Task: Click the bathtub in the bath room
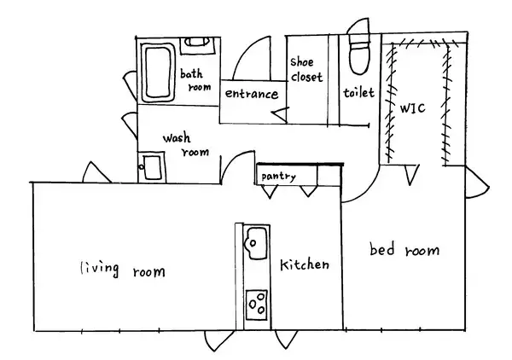click(158, 73)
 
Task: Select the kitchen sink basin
click(256, 243)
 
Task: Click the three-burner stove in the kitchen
click(257, 305)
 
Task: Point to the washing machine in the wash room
click(152, 166)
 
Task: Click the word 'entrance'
click(252, 94)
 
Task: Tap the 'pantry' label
click(278, 177)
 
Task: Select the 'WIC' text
click(413, 108)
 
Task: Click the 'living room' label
click(123, 270)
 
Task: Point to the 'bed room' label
click(404, 249)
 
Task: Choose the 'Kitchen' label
click(305, 264)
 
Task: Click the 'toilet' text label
click(358, 93)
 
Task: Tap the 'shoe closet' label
click(306, 69)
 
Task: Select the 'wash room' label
click(186, 144)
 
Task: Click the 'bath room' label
click(195, 80)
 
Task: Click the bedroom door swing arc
click(367, 193)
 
